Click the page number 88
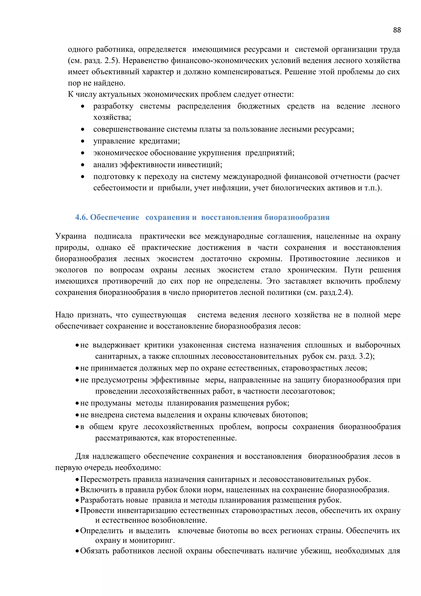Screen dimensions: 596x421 (397, 30)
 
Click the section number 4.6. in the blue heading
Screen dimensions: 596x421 (81, 217)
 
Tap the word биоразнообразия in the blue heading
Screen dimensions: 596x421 (297, 217)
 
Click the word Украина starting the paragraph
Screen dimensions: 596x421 (71, 236)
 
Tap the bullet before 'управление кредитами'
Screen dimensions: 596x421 (82, 141)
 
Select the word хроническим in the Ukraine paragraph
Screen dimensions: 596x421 (312, 270)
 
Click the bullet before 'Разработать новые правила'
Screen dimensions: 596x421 (77, 500)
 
